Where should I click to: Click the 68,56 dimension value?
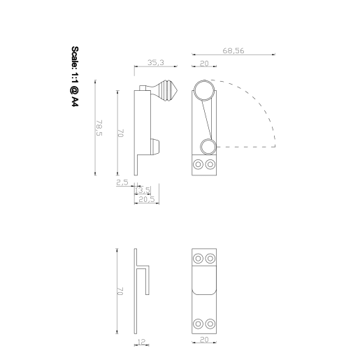point(234,50)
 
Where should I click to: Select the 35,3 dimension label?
point(155,63)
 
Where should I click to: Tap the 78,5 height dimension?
point(99,129)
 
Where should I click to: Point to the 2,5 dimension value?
point(122,182)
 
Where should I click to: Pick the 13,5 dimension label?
point(143,190)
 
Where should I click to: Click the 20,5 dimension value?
point(146,199)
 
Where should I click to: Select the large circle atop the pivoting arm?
point(205,90)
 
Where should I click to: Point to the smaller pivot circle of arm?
point(207,146)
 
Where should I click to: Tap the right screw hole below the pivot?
point(211,165)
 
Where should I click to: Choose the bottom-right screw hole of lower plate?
point(211,323)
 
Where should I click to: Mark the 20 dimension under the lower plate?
point(205,341)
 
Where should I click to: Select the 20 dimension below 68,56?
point(204,63)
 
